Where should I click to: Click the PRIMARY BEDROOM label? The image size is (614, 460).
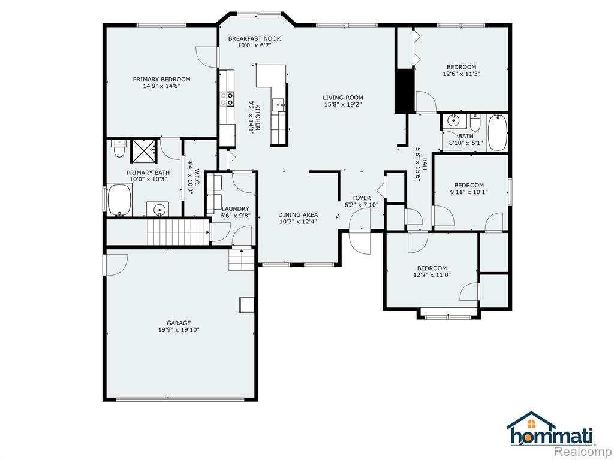click(x=161, y=80)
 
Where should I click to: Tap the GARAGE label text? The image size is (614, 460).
click(x=179, y=323)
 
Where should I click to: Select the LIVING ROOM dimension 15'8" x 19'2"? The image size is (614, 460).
click(x=342, y=104)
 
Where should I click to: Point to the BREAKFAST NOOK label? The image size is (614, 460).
click(x=254, y=38)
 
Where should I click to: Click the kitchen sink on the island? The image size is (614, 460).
click(x=279, y=104)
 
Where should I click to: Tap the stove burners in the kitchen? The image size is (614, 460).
click(x=227, y=99)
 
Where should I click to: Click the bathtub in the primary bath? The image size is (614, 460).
click(x=119, y=201)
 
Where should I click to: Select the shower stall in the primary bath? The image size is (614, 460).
click(x=144, y=150)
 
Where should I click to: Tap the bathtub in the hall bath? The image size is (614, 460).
click(x=498, y=132)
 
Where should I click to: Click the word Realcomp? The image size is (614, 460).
click(x=583, y=452)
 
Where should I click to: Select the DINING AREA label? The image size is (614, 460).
click(x=298, y=215)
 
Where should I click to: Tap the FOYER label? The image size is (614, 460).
click(x=361, y=198)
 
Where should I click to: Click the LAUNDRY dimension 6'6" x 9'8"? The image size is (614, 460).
click(x=235, y=216)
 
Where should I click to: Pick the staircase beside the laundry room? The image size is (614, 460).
click(x=178, y=232)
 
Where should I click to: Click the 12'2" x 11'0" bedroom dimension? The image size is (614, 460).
click(x=432, y=274)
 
